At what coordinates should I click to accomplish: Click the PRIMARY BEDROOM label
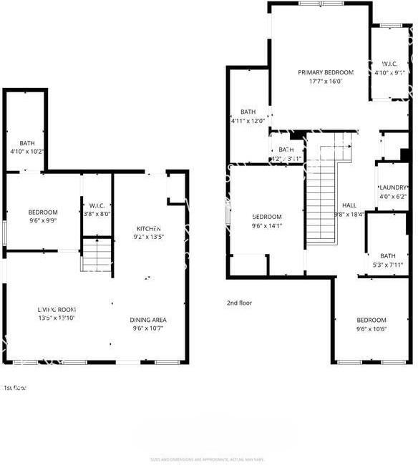[x=326, y=72]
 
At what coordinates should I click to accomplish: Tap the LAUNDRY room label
[x=392, y=187]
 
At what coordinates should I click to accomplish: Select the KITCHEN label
[x=149, y=229]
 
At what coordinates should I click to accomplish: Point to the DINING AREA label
[x=148, y=320]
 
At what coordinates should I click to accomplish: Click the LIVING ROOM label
[x=57, y=309]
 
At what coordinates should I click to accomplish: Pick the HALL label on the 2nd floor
[x=349, y=205]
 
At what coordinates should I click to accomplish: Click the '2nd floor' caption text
[x=239, y=303]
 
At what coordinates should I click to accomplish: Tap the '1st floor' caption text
[x=14, y=388]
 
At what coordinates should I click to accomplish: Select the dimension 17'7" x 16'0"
[x=326, y=82]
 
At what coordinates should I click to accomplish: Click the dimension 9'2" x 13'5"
[x=149, y=238]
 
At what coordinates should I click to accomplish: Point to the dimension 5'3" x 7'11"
[x=387, y=265]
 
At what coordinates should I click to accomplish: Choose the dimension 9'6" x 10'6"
[x=371, y=329]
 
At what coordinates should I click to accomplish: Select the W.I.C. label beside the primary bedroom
[x=390, y=64]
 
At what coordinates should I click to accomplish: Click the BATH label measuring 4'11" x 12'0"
[x=248, y=112]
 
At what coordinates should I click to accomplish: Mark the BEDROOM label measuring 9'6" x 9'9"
[x=43, y=212]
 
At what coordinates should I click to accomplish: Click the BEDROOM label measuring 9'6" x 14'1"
[x=267, y=217]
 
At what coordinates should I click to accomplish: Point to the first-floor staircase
[x=97, y=255]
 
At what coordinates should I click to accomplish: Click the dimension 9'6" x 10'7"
[x=148, y=329]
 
